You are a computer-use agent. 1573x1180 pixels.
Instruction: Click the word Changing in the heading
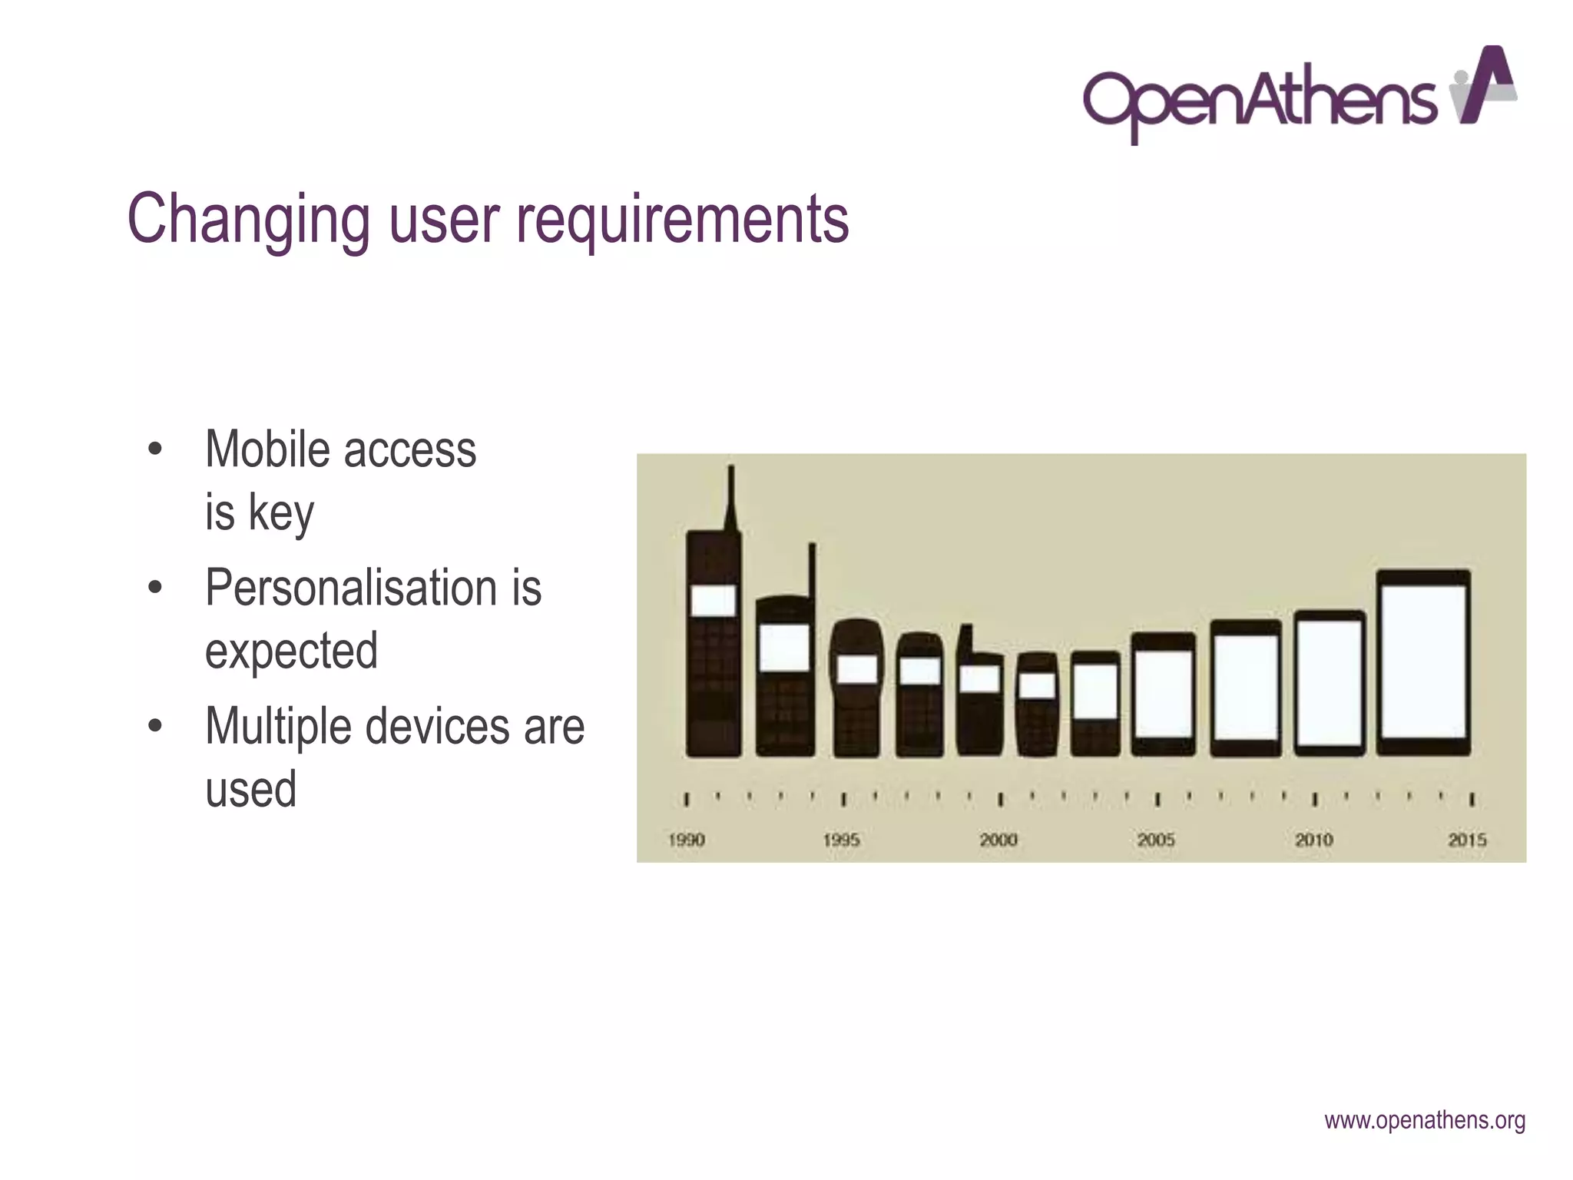tap(248, 220)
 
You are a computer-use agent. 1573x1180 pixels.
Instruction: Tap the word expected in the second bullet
tap(291, 651)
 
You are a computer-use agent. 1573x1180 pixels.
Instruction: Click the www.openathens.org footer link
tap(1425, 1121)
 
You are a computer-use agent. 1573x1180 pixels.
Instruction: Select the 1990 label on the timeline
tap(686, 840)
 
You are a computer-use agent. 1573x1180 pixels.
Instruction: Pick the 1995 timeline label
tap(841, 840)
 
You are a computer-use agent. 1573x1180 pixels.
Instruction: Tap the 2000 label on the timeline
tap(998, 840)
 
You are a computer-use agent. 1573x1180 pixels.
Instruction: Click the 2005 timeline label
tap(1156, 840)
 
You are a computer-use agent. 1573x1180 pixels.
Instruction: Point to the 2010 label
tap(1313, 840)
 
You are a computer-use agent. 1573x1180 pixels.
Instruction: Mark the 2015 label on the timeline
tap(1467, 840)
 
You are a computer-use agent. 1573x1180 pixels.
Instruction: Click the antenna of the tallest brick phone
tap(731, 496)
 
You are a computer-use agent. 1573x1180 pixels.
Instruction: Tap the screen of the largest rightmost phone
tap(1423, 661)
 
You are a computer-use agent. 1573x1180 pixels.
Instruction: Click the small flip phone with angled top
tap(979, 691)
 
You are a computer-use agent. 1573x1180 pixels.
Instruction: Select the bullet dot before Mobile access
tap(155, 449)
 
